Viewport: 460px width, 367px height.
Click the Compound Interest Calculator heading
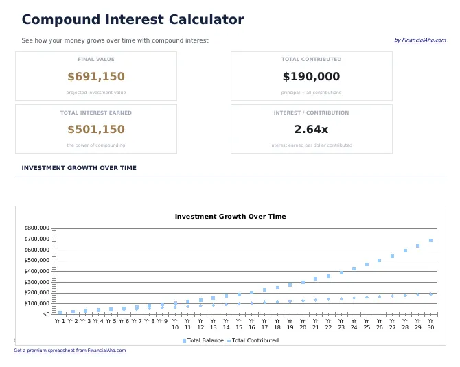[x=133, y=20]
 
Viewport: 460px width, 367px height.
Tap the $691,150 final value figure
[x=96, y=77]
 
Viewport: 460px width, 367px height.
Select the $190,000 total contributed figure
[x=311, y=77]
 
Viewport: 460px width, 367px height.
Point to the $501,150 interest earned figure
[x=96, y=130]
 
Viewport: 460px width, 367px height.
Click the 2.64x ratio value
[x=311, y=130]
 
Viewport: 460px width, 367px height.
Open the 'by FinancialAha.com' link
[x=419, y=40]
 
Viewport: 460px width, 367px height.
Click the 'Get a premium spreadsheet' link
[x=70, y=351]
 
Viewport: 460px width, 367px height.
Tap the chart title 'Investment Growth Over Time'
[x=230, y=217]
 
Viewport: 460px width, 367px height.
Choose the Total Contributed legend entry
[x=255, y=340]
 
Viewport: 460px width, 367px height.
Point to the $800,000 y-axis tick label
[x=37, y=228]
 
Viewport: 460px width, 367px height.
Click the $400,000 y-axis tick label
[x=37, y=271]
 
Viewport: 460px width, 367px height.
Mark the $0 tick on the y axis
[x=46, y=314]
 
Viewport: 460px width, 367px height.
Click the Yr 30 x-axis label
[x=430, y=324]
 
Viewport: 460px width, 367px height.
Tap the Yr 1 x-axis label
[x=60, y=321]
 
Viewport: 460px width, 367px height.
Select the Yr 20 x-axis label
[x=303, y=324]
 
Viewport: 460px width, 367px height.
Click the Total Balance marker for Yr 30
[x=430, y=240]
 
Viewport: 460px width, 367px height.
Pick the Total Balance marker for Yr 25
[x=367, y=264]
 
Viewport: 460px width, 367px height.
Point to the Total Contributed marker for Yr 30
[x=430, y=294]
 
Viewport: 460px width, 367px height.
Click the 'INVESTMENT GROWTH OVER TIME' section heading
[x=79, y=168]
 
